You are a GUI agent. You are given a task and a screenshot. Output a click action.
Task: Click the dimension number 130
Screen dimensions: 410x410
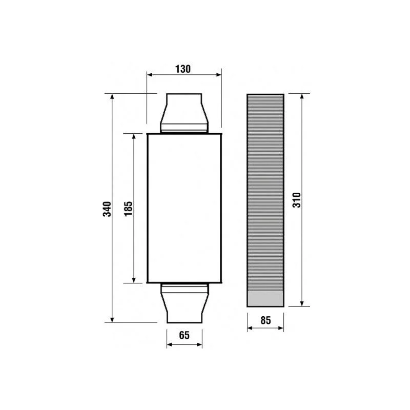coord(183,69)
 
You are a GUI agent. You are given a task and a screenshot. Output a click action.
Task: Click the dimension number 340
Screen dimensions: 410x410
coord(107,209)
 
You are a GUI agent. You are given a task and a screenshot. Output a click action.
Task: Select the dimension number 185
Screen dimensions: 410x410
coord(129,209)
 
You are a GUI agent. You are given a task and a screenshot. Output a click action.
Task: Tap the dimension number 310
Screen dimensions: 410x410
coord(297,200)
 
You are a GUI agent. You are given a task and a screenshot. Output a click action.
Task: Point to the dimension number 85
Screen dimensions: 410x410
coord(265,320)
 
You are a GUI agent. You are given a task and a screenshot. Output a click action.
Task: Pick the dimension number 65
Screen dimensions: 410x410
coord(184,335)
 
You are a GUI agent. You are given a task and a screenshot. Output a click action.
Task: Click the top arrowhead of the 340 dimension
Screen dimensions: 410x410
coord(112,96)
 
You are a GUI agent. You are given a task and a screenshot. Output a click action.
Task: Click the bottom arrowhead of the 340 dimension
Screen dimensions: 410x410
coord(112,320)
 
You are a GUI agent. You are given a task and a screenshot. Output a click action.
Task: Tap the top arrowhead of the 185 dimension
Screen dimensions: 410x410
coord(134,136)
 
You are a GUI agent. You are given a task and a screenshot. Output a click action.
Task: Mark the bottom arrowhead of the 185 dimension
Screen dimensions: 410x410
coord(134,280)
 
